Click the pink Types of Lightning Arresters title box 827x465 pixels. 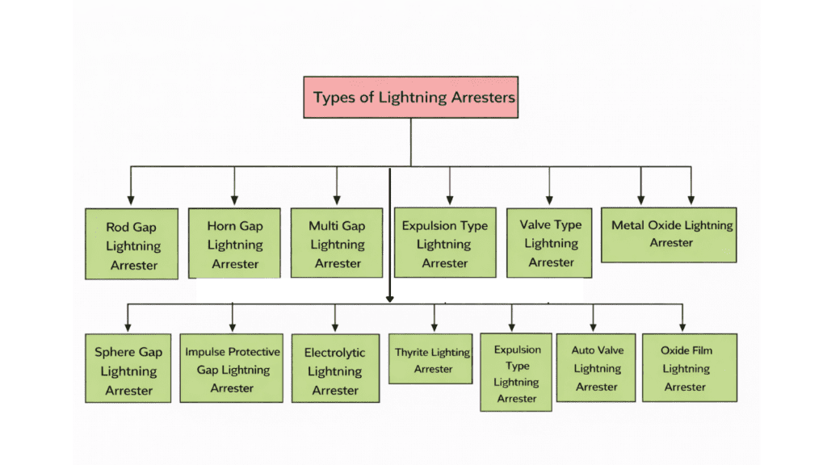(x=411, y=98)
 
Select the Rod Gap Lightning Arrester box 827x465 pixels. (x=132, y=245)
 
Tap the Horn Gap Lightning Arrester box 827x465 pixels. (x=234, y=244)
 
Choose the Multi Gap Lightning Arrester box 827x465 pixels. (x=337, y=244)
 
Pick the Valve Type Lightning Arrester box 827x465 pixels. (x=550, y=243)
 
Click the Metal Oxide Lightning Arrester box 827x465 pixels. (x=670, y=233)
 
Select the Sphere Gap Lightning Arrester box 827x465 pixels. (x=128, y=371)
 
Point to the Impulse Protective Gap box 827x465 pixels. (x=232, y=369)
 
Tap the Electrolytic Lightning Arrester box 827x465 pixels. (x=334, y=371)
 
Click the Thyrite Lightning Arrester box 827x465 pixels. (x=433, y=359)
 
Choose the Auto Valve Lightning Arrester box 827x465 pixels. (x=596, y=367)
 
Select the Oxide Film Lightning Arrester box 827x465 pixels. (x=686, y=367)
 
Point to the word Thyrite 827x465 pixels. (x=412, y=352)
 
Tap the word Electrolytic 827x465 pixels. (x=334, y=353)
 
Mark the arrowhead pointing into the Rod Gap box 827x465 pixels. (x=132, y=199)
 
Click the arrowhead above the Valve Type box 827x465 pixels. (x=549, y=199)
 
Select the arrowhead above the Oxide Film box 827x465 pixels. (x=682, y=327)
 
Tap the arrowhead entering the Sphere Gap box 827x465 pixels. (x=128, y=327)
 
